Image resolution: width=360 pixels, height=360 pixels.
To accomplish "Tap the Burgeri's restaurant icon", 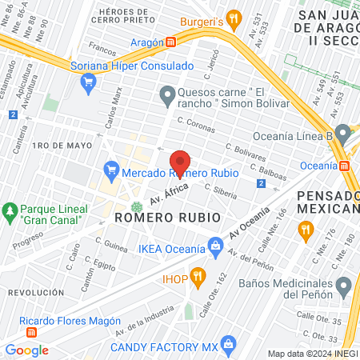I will [233, 17].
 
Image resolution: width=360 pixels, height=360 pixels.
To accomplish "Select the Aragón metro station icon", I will [171, 42].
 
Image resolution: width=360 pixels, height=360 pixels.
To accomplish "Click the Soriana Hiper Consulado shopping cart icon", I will [88, 80].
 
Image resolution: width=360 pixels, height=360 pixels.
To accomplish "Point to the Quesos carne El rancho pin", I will [166, 97].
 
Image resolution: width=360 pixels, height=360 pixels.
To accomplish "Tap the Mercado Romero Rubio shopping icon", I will [111, 171].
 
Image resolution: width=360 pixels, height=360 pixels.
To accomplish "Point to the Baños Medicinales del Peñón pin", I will [344, 285].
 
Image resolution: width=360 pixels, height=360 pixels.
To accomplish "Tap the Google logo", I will [26, 350].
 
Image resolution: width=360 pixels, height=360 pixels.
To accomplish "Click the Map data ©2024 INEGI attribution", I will [312, 354].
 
